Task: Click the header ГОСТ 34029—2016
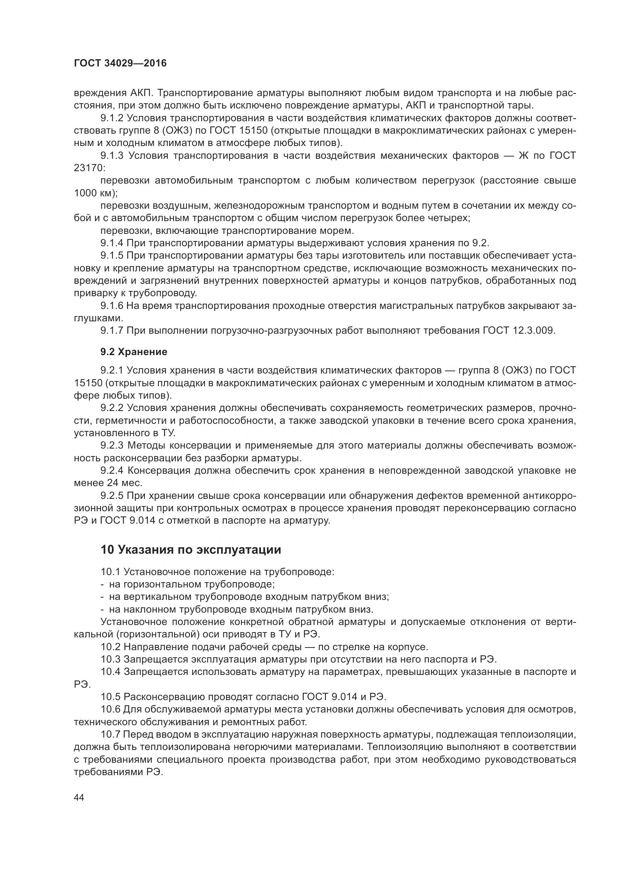pyautogui.click(x=120, y=63)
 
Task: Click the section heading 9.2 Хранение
pyautogui.click(x=134, y=352)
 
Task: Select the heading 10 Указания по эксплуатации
pyautogui.click(x=191, y=550)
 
